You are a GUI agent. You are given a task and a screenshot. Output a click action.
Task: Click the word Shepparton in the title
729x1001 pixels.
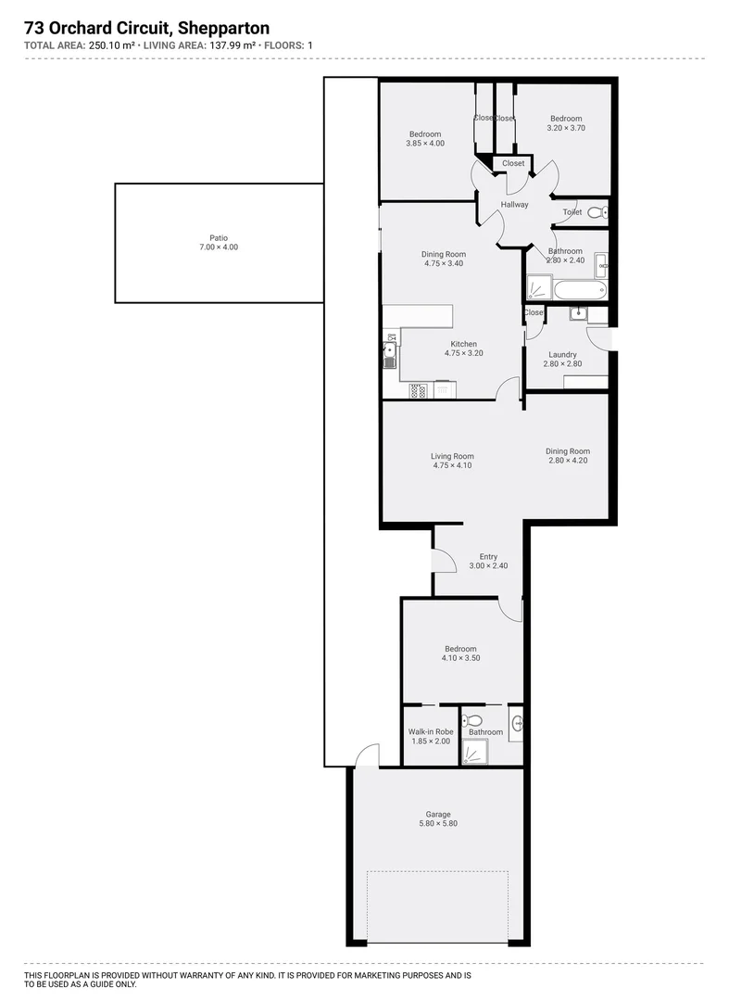(221, 29)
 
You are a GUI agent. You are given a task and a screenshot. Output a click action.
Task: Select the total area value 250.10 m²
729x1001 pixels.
(113, 44)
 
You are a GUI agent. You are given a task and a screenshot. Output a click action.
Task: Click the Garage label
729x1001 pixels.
(438, 815)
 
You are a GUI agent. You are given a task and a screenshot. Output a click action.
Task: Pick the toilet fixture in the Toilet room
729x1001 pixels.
(596, 212)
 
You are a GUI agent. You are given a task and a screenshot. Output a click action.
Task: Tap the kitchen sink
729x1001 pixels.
(389, 352)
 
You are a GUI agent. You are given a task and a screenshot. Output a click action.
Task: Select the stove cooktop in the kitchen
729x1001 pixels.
(419, 390)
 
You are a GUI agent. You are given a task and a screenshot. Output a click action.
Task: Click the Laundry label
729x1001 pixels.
(562, 354)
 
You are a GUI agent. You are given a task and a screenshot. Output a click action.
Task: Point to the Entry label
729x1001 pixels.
(488, 556)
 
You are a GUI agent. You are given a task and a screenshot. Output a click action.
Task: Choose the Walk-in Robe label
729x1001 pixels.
(431, 731)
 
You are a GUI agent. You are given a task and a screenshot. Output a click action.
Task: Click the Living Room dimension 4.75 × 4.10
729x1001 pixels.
(452, 465)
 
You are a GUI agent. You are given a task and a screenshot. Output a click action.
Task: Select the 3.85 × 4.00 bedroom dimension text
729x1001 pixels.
(425, 144)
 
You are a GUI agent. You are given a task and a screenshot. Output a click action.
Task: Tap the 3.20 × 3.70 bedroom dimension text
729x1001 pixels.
(566, 128)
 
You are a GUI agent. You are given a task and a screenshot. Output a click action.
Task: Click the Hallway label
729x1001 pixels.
(514, 205)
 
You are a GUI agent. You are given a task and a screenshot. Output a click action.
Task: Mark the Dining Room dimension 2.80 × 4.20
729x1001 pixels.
(568, 461)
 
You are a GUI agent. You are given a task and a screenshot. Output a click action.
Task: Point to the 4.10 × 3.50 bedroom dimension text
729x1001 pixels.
(460, 658)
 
